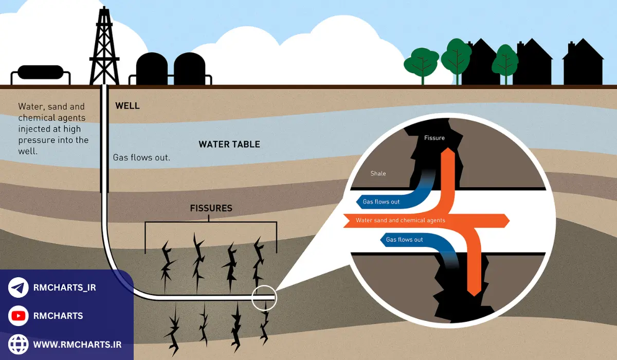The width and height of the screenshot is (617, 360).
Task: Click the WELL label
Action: pyautogui.click(x=128, y=106)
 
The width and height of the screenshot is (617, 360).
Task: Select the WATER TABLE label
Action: pyautogui.click(x=229, y=145)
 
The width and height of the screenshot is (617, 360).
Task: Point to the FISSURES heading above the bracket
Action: pyautogui.click(x=211, y=208)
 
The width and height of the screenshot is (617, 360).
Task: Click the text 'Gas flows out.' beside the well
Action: pyautogui.click(x=141, y=157)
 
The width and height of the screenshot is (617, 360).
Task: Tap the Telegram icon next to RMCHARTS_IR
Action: pyautogui.click(x=19, y=287)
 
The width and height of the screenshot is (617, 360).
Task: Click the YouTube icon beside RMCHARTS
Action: pyautogui.click(x=19, y=316)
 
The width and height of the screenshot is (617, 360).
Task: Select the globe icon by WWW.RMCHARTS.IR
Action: pyautogui.click(x=19, y=344)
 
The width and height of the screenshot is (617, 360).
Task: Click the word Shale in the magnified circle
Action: pyautogui.click(x=378, y=173)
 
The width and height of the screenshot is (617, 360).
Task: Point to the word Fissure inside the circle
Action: pyautogui.click(x=434, y=138)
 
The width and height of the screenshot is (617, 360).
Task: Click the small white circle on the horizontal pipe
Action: pyautogui.click(x=264, y=297)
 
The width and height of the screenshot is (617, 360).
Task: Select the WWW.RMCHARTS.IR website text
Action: pyautogui.click(x=77, y=344)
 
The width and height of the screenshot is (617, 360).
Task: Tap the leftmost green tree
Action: pyautogui.click(x=422, y=63)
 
